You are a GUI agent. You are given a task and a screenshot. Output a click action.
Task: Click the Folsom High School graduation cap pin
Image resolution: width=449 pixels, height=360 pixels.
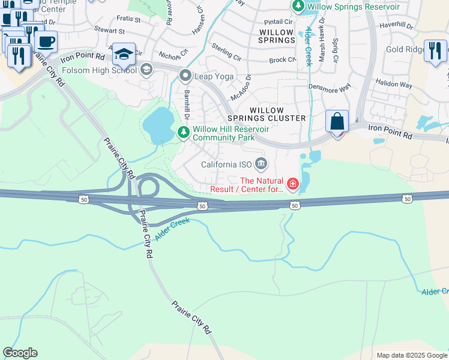[124, 55]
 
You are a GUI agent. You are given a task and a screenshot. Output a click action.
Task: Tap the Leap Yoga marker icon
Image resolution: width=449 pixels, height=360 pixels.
[185, 76]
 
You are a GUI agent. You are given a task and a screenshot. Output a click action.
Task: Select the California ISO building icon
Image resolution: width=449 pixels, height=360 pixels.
[261, 163]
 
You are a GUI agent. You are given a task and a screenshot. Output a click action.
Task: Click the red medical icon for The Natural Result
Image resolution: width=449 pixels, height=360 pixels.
[293, 184]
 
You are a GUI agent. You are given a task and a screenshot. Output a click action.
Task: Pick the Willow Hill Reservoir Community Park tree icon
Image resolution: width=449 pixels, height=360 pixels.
[184, 132]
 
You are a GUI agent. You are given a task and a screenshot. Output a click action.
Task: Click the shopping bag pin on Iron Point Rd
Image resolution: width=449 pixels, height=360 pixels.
[338, 121]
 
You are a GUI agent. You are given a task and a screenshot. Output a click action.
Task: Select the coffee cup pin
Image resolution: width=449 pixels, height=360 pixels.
[46, 42]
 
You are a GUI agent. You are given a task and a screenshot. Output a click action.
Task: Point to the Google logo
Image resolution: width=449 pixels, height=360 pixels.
[20, 353]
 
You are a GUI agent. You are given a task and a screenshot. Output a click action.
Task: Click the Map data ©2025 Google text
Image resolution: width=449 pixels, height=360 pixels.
[411, 355]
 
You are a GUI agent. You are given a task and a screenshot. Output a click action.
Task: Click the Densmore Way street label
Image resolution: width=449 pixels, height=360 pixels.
[329, 87]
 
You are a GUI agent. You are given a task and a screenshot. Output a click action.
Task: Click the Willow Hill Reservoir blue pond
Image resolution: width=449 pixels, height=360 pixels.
[159, 125]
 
